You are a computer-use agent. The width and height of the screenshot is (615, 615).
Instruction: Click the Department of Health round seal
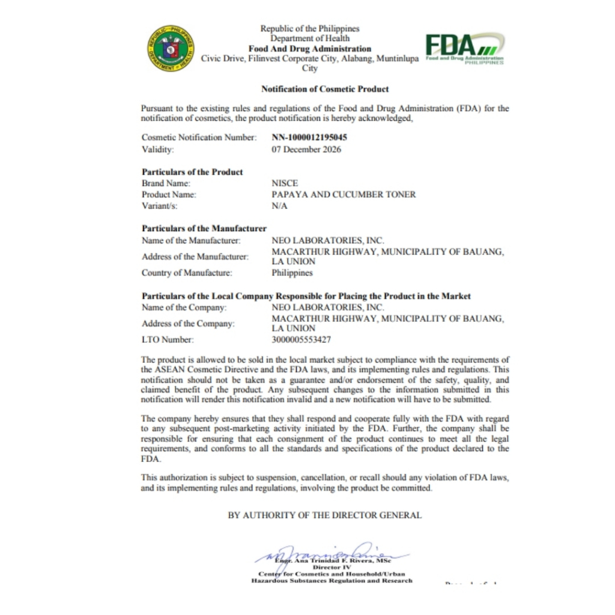[x=171, y=49]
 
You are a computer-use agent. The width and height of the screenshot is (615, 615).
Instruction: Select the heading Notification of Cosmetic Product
[x=325, y=89]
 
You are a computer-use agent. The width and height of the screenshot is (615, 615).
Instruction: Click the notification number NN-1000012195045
[x=309, y=138]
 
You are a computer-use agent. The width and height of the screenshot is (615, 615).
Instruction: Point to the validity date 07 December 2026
[x=306, y=150]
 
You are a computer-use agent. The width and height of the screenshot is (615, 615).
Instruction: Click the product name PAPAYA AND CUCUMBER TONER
[x=344, y=195]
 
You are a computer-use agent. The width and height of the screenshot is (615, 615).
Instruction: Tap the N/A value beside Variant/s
[x=280, y=206]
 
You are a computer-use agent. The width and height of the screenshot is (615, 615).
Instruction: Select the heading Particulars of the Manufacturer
[x=204, y=228]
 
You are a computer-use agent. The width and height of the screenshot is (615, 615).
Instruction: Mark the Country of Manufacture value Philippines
[x=292, y=273]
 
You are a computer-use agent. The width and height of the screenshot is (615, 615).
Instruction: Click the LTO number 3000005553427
[x=301, y=340]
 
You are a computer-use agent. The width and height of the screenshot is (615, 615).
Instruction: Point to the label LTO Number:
[x=168, y=340]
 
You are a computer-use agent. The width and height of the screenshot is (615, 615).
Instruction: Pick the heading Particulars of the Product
[x=192, y=172]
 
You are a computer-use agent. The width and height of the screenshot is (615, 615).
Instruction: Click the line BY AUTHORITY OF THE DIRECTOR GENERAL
[x=324, y=515]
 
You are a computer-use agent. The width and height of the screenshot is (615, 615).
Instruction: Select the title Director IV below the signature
[x=332, y=567]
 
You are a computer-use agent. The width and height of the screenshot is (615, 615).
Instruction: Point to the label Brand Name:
[x=166, y=183]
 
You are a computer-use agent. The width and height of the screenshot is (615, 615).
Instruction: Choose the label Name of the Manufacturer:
[x=191, y=240]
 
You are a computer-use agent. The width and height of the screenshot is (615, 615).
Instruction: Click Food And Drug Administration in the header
[x=310, y=49]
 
